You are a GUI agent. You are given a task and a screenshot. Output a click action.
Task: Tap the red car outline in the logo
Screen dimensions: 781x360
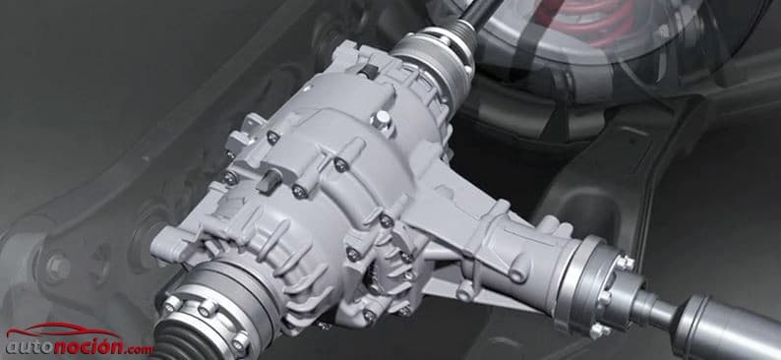click(x=64, y=330)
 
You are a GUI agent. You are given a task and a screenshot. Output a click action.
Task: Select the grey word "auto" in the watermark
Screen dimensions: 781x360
click(x=29, y=347)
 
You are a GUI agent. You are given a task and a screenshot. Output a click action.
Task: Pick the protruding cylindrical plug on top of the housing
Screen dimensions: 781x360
click(x=382, y=119)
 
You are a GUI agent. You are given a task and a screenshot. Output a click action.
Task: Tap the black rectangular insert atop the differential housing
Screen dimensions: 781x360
click(x=368, y=71)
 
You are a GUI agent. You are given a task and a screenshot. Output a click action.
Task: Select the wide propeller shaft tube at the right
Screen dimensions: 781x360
click(x=727, y=328)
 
